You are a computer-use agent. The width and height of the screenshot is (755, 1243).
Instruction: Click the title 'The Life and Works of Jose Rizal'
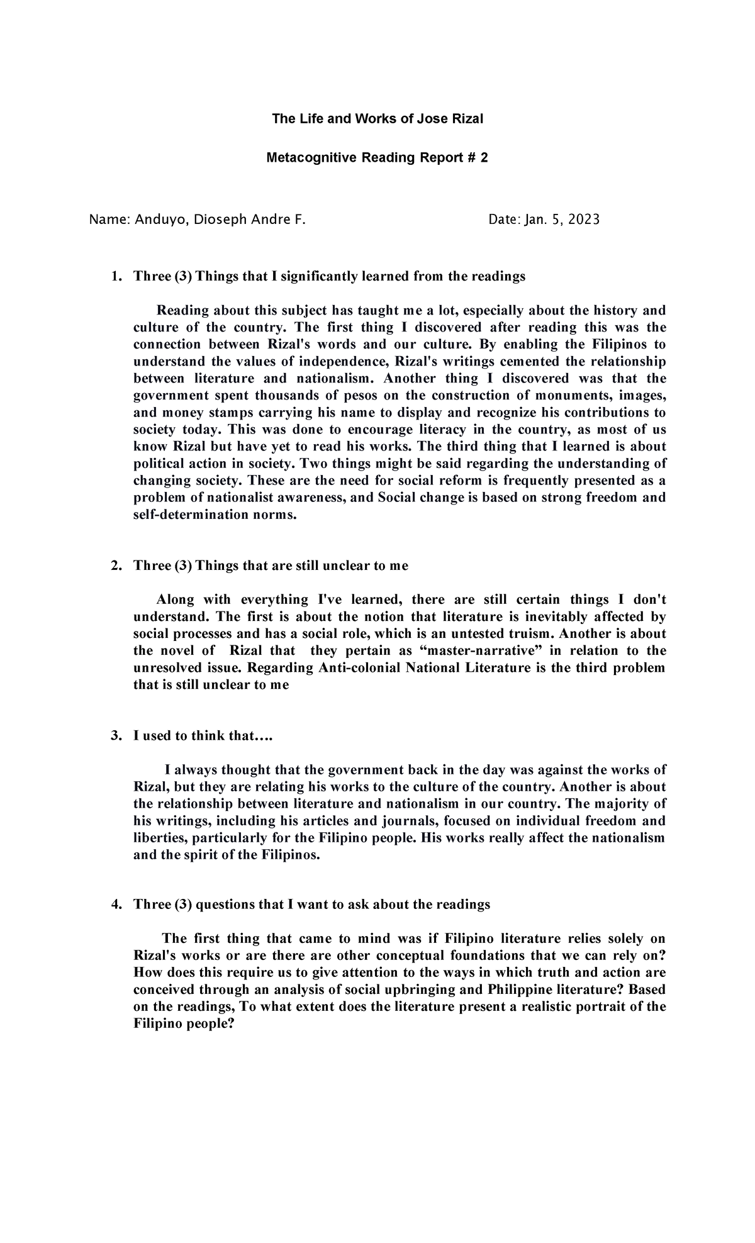point(377,118)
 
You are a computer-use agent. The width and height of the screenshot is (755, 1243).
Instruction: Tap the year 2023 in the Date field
point(584,220)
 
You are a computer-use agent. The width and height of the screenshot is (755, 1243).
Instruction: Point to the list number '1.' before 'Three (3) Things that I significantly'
point(115,276)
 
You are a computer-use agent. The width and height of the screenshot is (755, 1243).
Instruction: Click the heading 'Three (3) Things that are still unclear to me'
point(271,566)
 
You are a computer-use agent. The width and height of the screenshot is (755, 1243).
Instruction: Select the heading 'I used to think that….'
point(203,735)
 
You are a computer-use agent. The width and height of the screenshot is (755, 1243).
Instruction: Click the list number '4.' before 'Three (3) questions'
point(115,905)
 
